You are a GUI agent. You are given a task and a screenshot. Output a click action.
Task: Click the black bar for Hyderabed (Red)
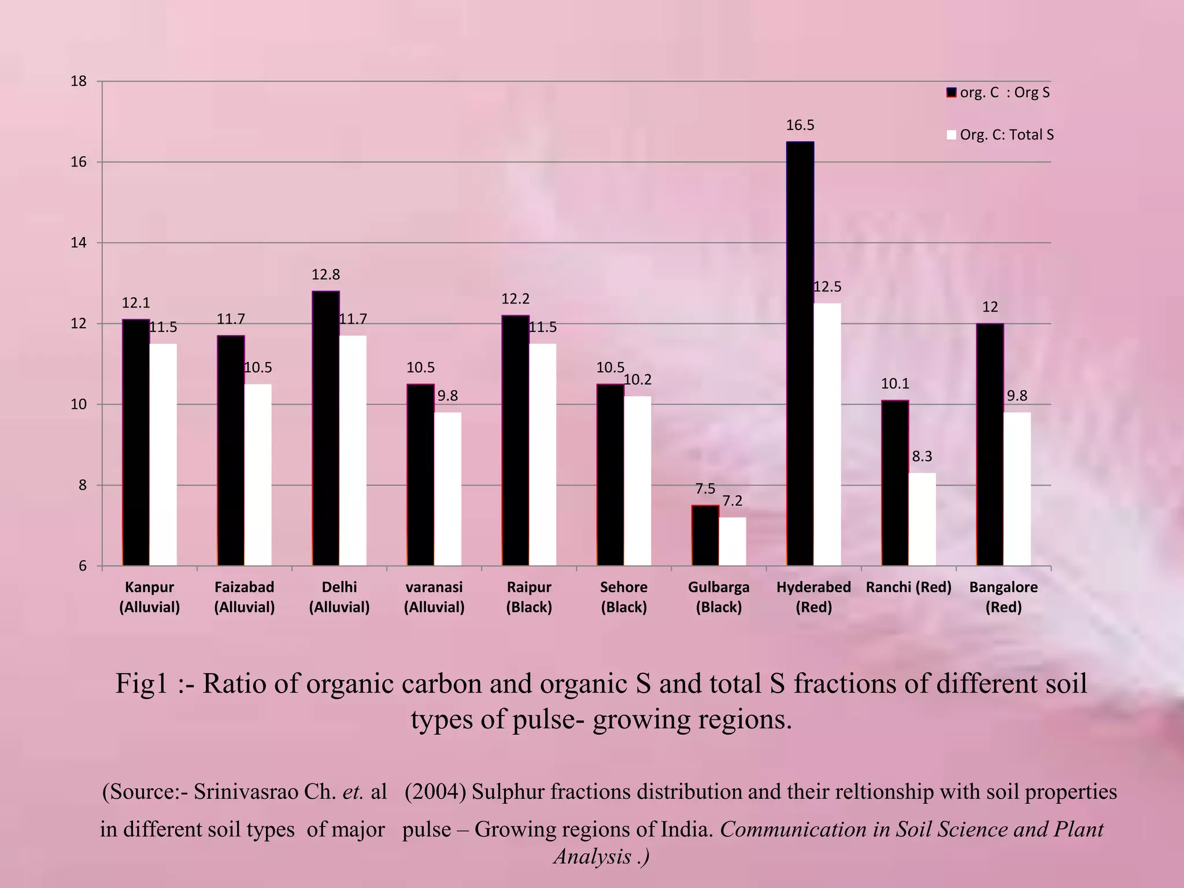click(x=800, y=353)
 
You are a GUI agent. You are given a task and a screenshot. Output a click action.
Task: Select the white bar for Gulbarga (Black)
click(x=732, y=541)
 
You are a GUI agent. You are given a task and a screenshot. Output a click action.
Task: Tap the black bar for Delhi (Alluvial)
click(x=325, y=428)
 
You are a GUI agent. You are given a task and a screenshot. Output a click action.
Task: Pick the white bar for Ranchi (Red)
click(x=922, y=519)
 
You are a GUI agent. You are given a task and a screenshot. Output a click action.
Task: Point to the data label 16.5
click(x=800, y=125)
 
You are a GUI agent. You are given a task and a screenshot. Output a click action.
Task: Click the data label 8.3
click(x=922, y=457)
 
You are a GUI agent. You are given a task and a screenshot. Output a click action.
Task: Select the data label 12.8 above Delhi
click(x=325, y=275)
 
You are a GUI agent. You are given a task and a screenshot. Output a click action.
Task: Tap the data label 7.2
click(x=732, y=501)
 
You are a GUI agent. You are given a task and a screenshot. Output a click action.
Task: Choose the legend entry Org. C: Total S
click(x=1007, y=135)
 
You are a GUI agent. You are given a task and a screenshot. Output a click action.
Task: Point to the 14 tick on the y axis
click(x=79, y=243)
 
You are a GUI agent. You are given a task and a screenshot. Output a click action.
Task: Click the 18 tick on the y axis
click(x=79, y=82)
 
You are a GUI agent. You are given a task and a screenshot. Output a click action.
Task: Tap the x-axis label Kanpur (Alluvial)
click(x=150, y=597)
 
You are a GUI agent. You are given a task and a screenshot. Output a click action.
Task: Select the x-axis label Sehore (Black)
click(x=624, y=597)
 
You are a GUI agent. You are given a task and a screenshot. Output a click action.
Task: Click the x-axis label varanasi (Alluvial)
click(x=434, y=597)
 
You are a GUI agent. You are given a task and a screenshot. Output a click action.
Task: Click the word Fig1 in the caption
click(x=141, y=684)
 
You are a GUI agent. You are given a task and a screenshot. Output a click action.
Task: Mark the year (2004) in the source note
click(x=435, y=791)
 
